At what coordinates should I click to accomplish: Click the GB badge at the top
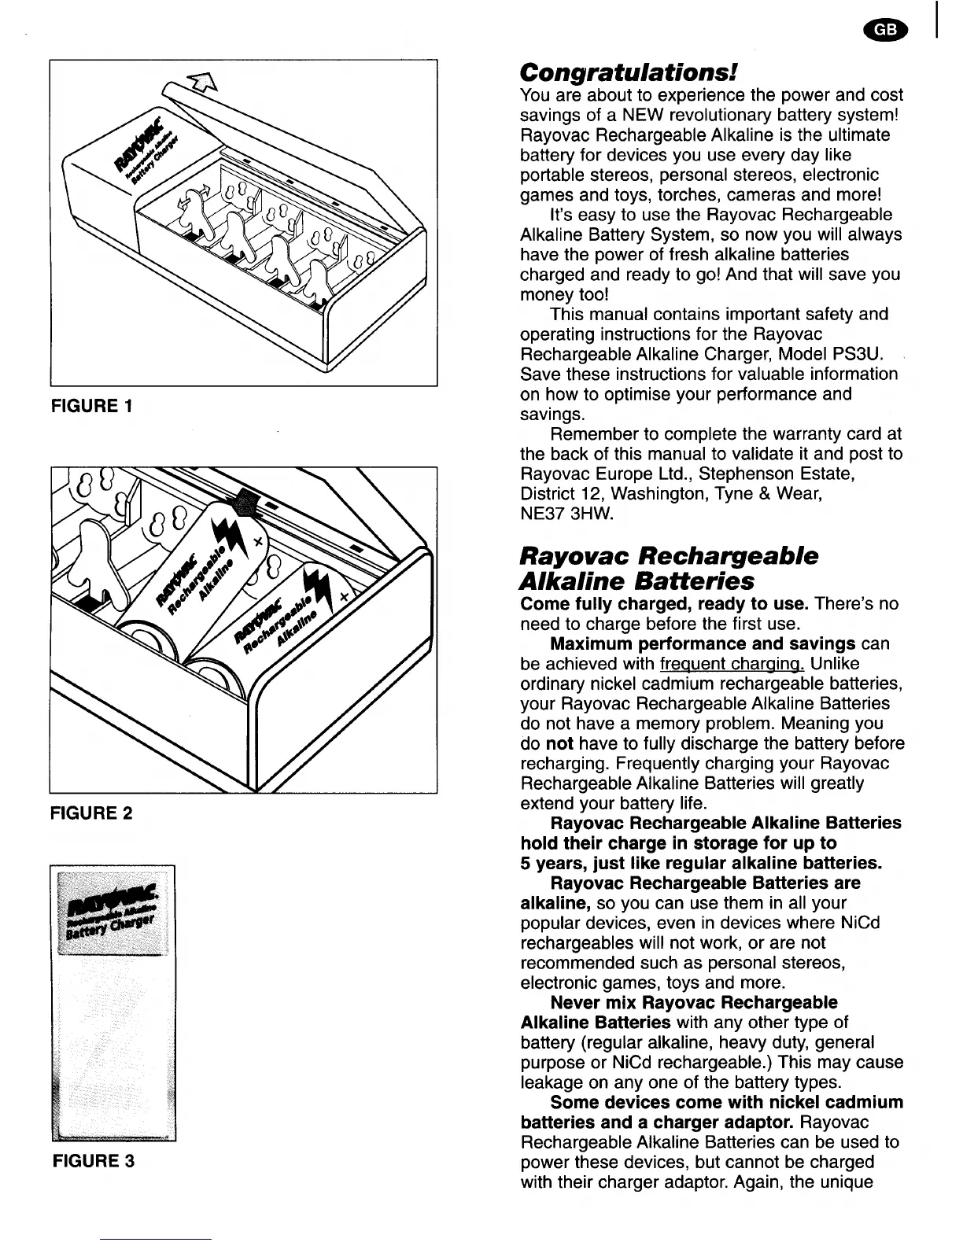pos(884,29)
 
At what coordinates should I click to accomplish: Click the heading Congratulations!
pos(629,72)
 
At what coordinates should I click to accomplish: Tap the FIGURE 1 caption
pos(92,406)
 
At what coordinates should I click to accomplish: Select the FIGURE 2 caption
pos(92,813)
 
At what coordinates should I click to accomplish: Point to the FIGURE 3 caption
pos(94,1160)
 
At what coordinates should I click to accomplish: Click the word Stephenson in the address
pos(742,474)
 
